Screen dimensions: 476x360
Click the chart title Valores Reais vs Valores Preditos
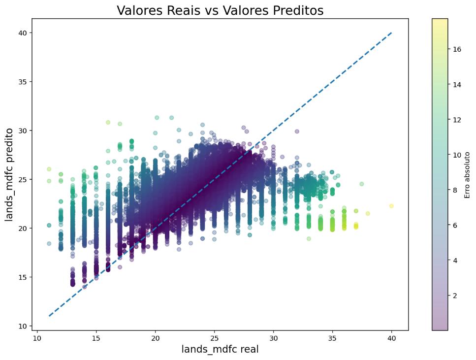[x=220, y=10]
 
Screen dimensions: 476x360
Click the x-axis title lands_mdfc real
[x=220, y=349]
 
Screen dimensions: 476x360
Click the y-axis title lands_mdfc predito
[x=9, y=174]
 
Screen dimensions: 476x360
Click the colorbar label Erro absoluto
[x=467, y=175]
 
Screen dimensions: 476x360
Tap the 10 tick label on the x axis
[x=37, y=338]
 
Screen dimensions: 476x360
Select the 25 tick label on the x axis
[x=214, y=338]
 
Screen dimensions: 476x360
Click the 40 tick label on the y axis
[x=23, y=33]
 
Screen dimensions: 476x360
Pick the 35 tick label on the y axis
[x=23, y=82]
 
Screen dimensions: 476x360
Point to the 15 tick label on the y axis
[x=23, y=277]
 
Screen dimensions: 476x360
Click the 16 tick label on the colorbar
[x=457, y=50]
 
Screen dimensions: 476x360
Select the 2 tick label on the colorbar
[x=455, y=295]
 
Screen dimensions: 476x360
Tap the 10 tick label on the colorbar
[x=457, y=155]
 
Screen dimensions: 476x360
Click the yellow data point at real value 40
[x=391, y=206]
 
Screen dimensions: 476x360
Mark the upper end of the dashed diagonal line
[x=392, y=33]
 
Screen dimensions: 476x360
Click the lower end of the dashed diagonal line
[x=49, y=316]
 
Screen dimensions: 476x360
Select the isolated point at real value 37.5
[x=362, y=184]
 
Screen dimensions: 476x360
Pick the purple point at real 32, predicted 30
[x=297, y=131]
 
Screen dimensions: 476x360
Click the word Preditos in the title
[x=298, y=10]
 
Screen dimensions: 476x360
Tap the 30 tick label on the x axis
[x=274, y=338]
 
